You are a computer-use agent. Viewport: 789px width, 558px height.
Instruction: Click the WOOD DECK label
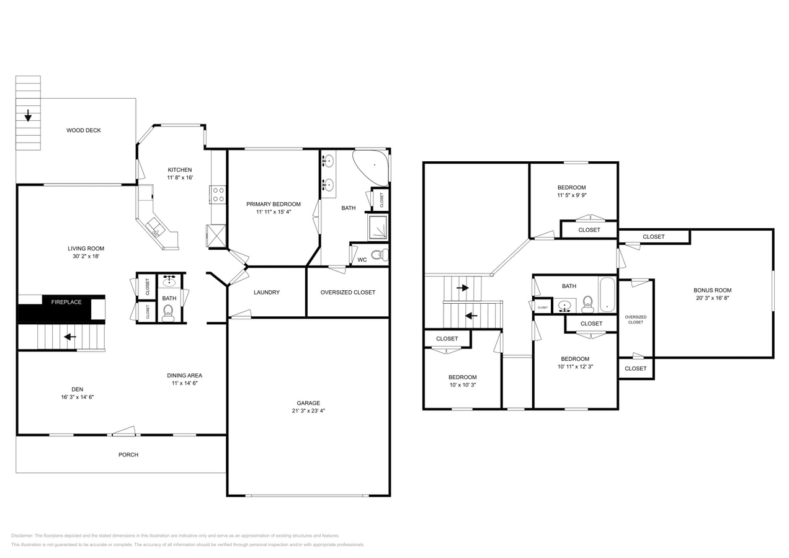tap(83, 130)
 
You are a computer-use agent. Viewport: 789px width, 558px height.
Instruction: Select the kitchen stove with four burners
tap(218, 195)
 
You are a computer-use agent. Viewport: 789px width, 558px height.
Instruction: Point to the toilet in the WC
tap(379, 255)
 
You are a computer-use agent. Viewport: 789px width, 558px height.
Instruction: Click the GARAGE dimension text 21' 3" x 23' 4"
tap(308, 410)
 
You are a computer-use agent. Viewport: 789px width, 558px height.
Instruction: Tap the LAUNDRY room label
tap(266, 292)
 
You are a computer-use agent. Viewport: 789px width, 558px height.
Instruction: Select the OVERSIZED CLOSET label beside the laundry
tap(347, 292)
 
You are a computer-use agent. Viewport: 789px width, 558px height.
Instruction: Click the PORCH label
tap(128, 454)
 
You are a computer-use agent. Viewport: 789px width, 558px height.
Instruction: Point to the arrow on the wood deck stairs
tap(28, 115)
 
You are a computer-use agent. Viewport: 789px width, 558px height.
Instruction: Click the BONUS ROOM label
tap(712, 290)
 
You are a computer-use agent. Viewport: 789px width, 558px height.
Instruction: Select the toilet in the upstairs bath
tap(587, 304)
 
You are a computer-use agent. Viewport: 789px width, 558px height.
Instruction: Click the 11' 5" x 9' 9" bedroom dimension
tap(571, 195)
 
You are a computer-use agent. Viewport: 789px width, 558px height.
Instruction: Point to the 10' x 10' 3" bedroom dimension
tap(462, 385)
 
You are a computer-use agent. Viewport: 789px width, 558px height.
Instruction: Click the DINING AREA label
tap(184, 375)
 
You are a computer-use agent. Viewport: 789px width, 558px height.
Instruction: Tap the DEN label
tap(77, 389)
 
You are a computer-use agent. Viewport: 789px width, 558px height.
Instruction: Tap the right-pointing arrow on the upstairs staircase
tap(463, 288)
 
